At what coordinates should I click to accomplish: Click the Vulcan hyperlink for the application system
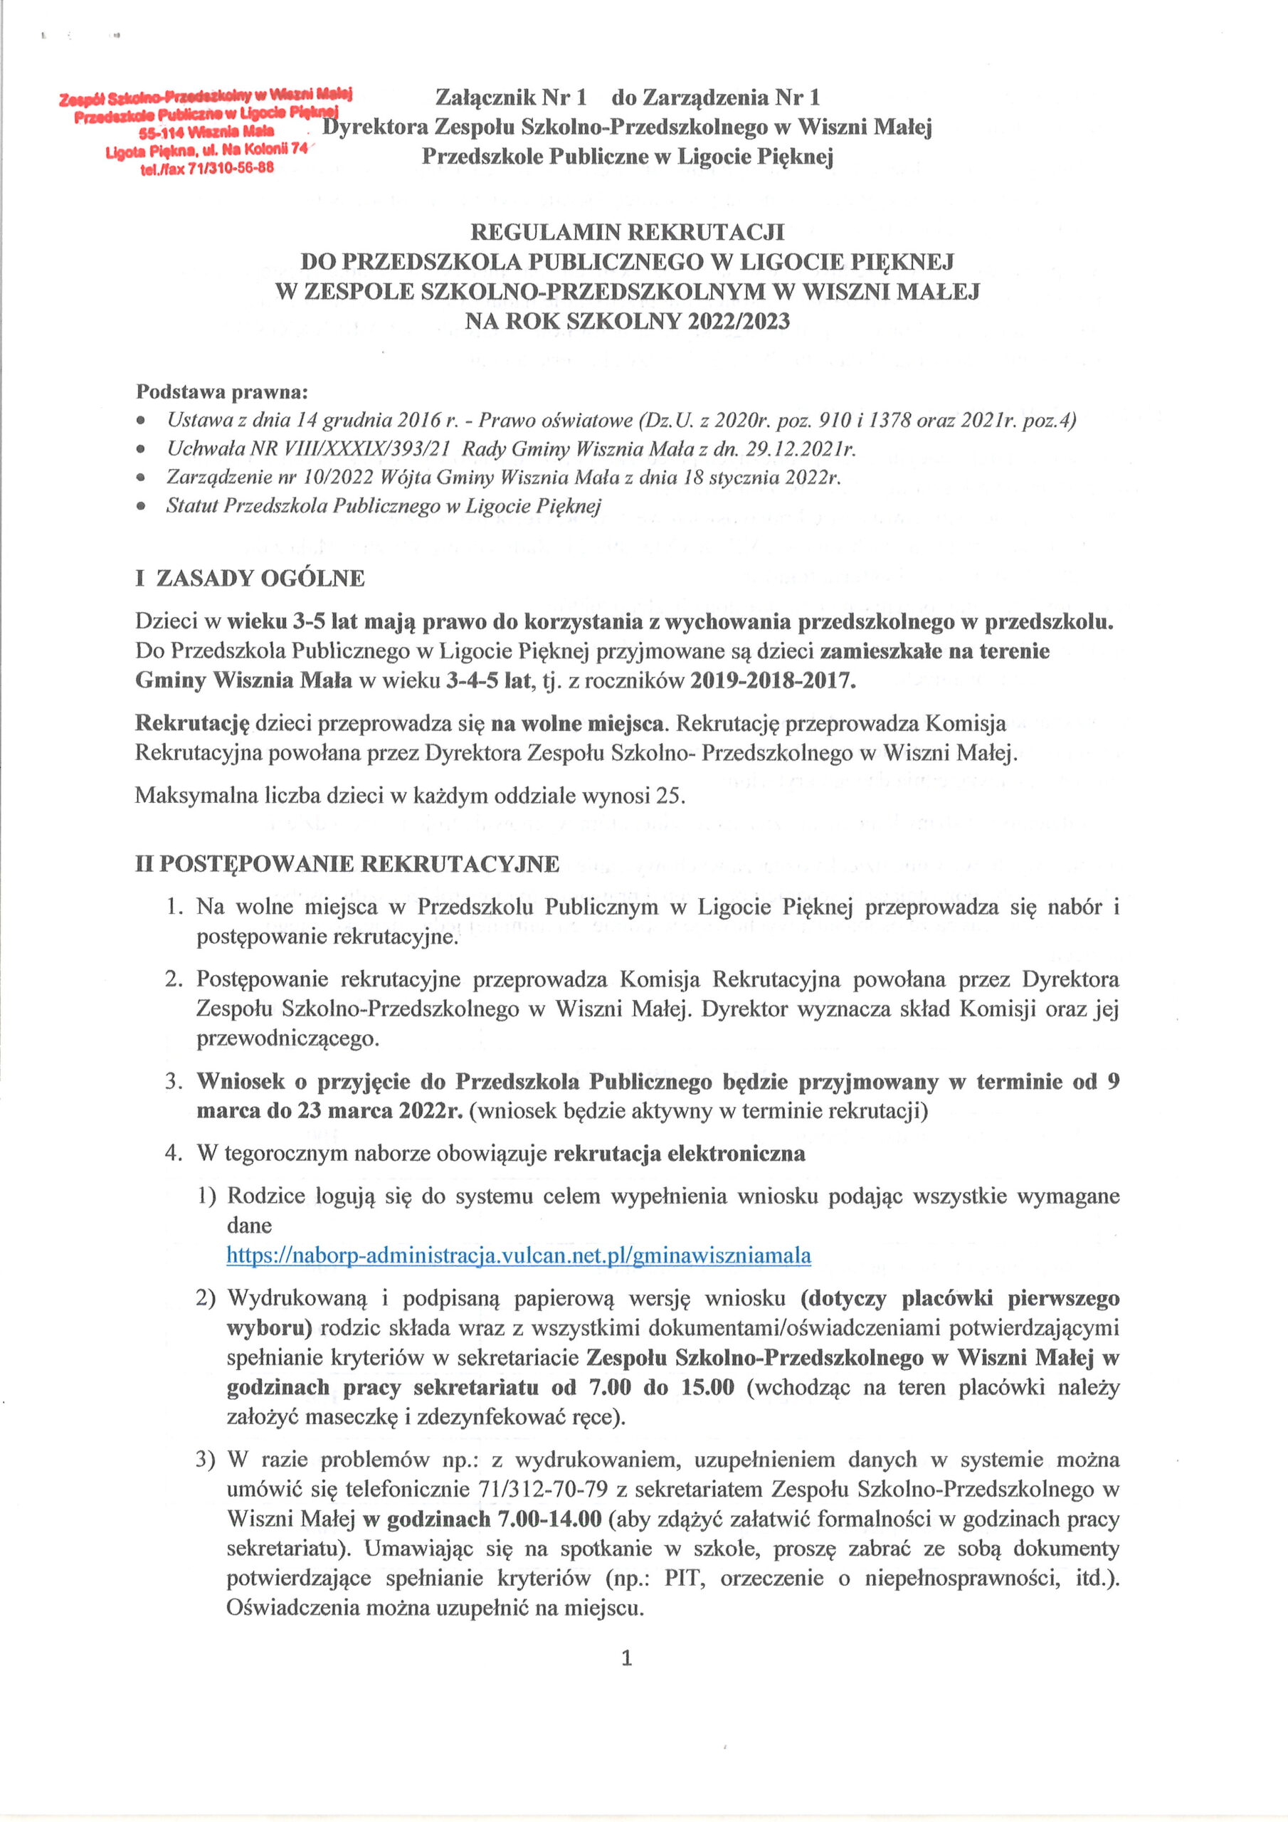pos(518,1255)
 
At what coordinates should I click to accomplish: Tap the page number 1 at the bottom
pos(626,1658)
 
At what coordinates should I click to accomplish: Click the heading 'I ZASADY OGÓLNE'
pos(250,578)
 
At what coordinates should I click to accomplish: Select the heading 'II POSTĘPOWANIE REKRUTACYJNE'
pos(347,863)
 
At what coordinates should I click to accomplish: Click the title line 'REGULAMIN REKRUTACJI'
pos(627,233)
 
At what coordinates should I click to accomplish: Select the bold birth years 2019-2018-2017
pos(772,681)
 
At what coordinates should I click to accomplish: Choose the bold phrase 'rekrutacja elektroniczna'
pos(680,1153)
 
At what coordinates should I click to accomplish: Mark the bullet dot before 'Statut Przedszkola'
pos(142,506)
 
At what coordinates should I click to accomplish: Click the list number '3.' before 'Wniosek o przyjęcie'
pos(174,1082)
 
